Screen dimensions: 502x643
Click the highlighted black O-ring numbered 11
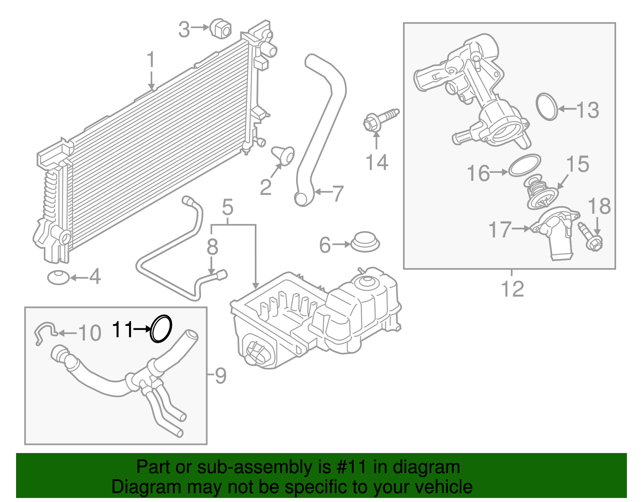click(161, 328)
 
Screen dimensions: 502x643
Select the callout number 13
click(588, 110)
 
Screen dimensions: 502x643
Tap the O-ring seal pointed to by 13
click(547, 107)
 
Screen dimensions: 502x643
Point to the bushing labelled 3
click(220, 28)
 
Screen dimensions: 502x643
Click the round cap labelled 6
click(365, 242)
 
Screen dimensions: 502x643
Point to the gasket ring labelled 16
click(524, 165)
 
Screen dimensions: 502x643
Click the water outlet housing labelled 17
click(557, 235)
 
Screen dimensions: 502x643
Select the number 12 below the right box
click(512, 289)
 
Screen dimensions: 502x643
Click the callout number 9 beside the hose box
click(220, 375)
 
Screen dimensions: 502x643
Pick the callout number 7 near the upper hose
click(338, 193)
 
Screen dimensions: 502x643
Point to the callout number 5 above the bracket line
click(227, 208)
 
